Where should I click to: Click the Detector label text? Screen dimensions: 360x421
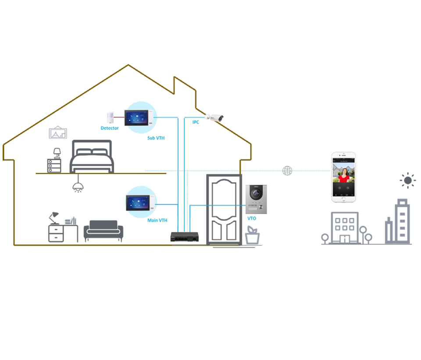coord(110,128)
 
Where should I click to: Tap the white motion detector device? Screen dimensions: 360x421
coord(110,118)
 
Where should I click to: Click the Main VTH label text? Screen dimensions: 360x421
coord(157,220)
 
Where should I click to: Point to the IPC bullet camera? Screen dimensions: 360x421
coord(215,118)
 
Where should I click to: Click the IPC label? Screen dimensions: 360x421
coord(196,122)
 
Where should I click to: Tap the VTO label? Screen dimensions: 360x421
coord(252,218)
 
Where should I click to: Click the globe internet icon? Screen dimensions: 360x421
coord(287,171)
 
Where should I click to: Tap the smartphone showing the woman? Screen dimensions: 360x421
coord(343,177)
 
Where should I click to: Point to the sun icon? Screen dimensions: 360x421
coord(408,180)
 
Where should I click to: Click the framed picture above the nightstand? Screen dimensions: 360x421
coord(58,133)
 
